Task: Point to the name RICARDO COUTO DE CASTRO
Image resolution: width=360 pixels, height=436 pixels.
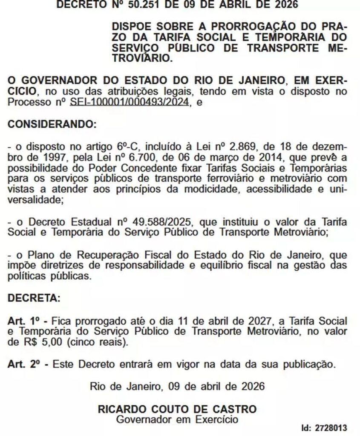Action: coord(177,410)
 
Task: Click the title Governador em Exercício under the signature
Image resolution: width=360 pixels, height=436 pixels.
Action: coord(177,420)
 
